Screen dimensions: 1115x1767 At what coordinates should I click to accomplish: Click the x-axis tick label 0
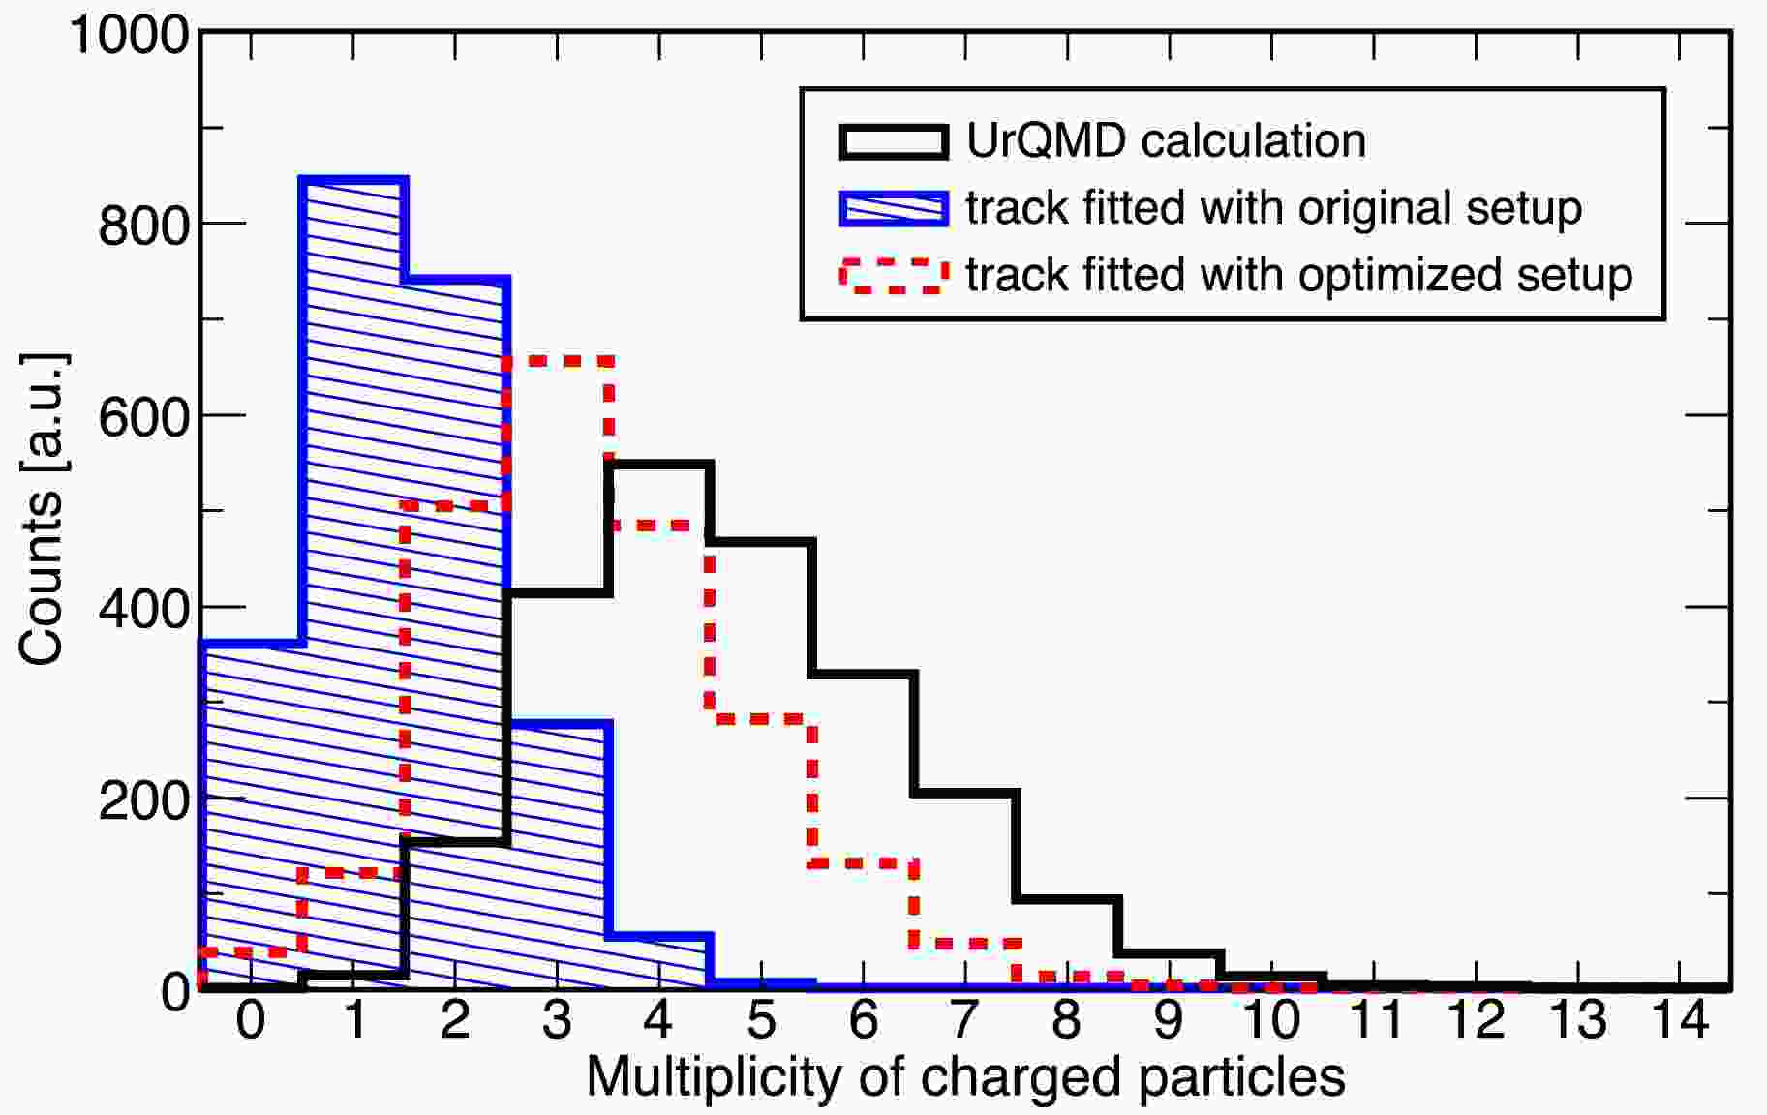[x=251, y=1021]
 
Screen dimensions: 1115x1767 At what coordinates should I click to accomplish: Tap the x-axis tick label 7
[x=964, y=1021]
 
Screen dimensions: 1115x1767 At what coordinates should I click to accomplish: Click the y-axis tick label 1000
[x=130, y=36]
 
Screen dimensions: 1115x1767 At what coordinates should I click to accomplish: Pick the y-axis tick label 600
[x=144, y=418]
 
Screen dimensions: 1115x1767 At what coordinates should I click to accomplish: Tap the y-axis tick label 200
[x=144, y=801]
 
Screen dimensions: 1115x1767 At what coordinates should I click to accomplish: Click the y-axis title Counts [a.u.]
[x=42, y=510]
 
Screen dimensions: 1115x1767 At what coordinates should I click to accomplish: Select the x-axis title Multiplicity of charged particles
[x=965, y=1076]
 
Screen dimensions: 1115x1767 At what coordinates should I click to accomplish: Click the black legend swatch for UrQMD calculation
[x=893, y=141]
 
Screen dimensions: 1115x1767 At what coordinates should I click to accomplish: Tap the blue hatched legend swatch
[x=893, y=208]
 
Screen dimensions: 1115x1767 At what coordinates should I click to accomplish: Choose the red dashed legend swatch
[x=893, y=275]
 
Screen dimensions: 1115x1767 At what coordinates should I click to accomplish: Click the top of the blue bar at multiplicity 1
[x=354, y=180]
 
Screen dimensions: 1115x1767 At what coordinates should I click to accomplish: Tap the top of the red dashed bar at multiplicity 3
[x=558, y=361]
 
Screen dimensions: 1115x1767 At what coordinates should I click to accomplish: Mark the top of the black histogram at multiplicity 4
[x=660, y=466]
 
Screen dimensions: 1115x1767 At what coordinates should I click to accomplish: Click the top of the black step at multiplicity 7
[x=965, y=794]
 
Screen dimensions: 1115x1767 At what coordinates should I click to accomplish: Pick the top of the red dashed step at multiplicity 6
[x=864, y=862]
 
